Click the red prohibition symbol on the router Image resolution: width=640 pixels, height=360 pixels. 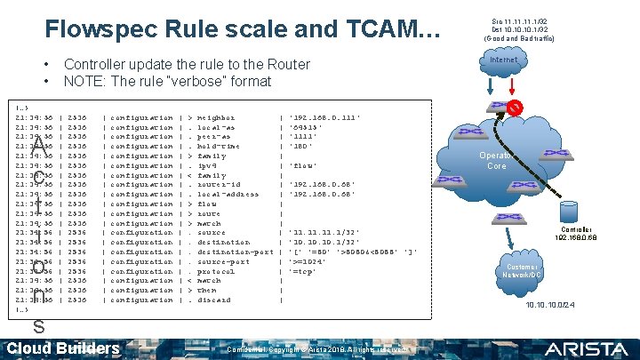[515, 108]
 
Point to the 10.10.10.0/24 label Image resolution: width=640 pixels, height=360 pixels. [549, 306]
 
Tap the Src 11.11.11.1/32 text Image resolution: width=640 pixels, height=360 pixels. [519, 20]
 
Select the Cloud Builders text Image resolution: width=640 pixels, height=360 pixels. [63, 348]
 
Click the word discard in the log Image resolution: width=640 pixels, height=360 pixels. [216, 300]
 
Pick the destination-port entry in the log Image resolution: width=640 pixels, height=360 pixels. [236, 252]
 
